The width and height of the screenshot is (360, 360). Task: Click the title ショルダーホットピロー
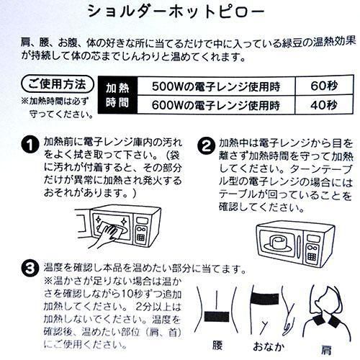tap(176, 12)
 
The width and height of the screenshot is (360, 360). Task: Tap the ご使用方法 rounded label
tap(58, 84)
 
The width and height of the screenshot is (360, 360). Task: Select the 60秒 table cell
tap(324, 86)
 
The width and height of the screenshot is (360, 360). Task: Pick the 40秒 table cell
tap(324, 104)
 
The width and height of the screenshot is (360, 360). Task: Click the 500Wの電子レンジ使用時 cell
tap(216, 86)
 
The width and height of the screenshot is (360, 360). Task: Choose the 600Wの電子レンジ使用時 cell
tap(216, 104)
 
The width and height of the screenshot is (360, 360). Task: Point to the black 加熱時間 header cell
tap(117, 95)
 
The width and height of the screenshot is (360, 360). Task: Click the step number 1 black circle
tap(30, 145)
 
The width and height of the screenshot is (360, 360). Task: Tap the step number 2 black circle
tap(206, 145)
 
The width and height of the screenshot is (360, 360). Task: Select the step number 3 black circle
tap(30, 269)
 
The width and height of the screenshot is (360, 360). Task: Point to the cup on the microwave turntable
tap(278, 241)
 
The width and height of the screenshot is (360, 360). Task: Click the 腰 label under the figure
tap(217, 346)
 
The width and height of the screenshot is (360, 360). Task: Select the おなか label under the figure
tap(269, 346)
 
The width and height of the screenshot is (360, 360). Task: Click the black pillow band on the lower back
tap(217, 317)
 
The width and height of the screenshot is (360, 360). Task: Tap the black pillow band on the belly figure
tap(265, 299)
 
